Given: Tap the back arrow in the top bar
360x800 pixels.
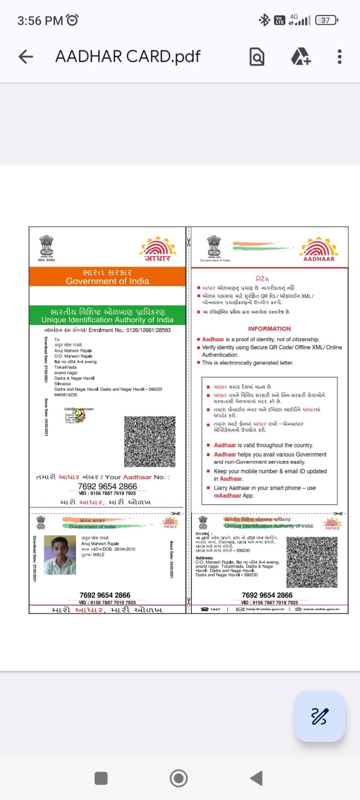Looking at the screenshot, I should point(26,57).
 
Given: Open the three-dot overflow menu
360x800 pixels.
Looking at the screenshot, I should point(339,57).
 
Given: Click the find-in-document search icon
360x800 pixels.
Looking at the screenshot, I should point(257,57).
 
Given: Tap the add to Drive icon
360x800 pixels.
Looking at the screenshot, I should point(301,57).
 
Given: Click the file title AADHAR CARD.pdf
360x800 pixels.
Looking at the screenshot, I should point(128,57).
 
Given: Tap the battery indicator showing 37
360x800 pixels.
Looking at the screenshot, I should point(327,21).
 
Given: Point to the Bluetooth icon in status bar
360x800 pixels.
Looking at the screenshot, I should point(264,21).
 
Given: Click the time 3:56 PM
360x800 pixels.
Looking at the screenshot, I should point(40,21).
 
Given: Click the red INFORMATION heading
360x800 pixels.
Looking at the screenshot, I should point(269,329).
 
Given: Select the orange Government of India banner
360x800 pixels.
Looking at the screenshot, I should point(107,277).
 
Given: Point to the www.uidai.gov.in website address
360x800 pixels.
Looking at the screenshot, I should point(321,609).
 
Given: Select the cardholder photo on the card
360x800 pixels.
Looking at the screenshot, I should point(60,555).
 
